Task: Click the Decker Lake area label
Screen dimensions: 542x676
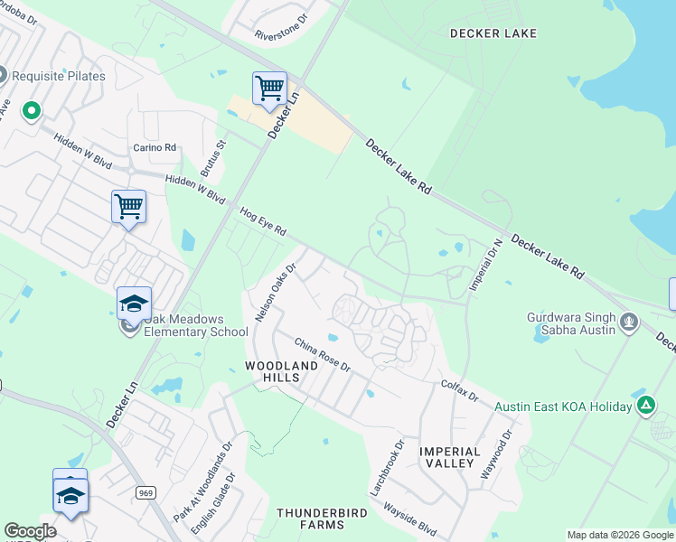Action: (x=493, y=33)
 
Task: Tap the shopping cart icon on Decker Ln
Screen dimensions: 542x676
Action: (x=269, y=89)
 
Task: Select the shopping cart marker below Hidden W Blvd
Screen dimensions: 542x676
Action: (x=128, y=207)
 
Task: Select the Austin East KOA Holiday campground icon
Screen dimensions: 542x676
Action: (x=645, y=406)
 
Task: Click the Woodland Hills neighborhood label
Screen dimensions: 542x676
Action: (x=282, y=371)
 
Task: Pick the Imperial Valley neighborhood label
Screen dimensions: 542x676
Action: (x=449, y=457)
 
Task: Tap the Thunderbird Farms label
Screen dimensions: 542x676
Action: (x=311, y=519)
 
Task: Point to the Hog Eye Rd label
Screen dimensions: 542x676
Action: (x=263, y=220)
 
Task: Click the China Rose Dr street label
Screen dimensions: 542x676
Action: (x=322, y=353)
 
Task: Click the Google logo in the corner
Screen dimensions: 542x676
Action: (x=30, y=531)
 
